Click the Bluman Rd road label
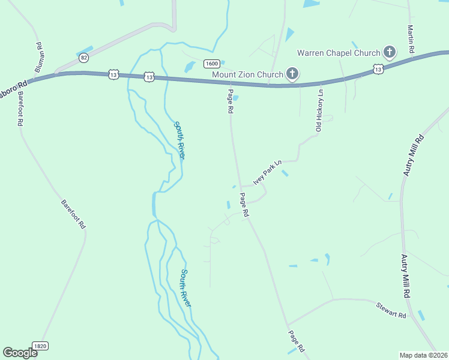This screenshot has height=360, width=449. [39, 58]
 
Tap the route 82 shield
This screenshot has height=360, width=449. [83, 58]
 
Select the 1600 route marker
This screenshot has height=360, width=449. [211, 64]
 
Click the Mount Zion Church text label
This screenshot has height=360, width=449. [247, 74]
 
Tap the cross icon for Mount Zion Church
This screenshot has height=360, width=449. [292, 74]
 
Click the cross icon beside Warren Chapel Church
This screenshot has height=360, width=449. [389, 52]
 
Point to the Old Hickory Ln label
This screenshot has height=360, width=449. [320, 110]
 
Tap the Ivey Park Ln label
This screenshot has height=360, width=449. [267, 172]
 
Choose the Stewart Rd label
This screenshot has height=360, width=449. [391, 311]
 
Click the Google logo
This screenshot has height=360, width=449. [20, 353]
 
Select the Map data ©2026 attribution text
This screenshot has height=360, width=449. [423, 355]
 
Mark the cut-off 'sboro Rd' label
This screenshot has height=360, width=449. [14, 86]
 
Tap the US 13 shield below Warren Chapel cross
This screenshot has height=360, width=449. [378, 70]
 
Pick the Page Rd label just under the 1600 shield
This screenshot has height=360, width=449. [230, 101]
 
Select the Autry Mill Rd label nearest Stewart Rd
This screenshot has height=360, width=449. [406, 277]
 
